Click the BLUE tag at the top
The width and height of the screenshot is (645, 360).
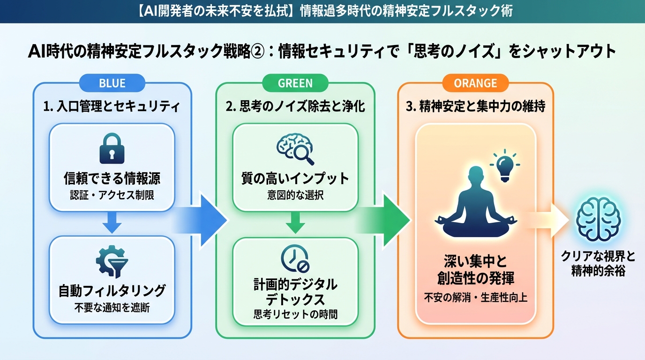pyautogui.click(x=112, y=83)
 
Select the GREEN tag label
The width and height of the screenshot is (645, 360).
pyautogui.click(x=295, y=83)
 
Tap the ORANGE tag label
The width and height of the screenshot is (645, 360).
pyautogui.click(x=475, y=83)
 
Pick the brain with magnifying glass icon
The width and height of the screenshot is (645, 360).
pyautogui.click(x=295, y=147)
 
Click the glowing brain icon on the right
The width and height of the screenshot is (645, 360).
pyautogui.click(x=597, y=219)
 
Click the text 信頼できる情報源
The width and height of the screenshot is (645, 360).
pyautogui.click(x=112, y=179)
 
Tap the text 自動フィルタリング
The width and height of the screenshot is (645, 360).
pyautogui.click(x=112, y=291)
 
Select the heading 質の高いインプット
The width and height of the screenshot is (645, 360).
pyautogui.click(x=295, y=179)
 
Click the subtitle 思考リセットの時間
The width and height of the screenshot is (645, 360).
pyautogui.click(x=295, y=315)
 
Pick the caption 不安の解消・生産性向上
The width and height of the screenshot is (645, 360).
pyautogui.click(x=475, y=298)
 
